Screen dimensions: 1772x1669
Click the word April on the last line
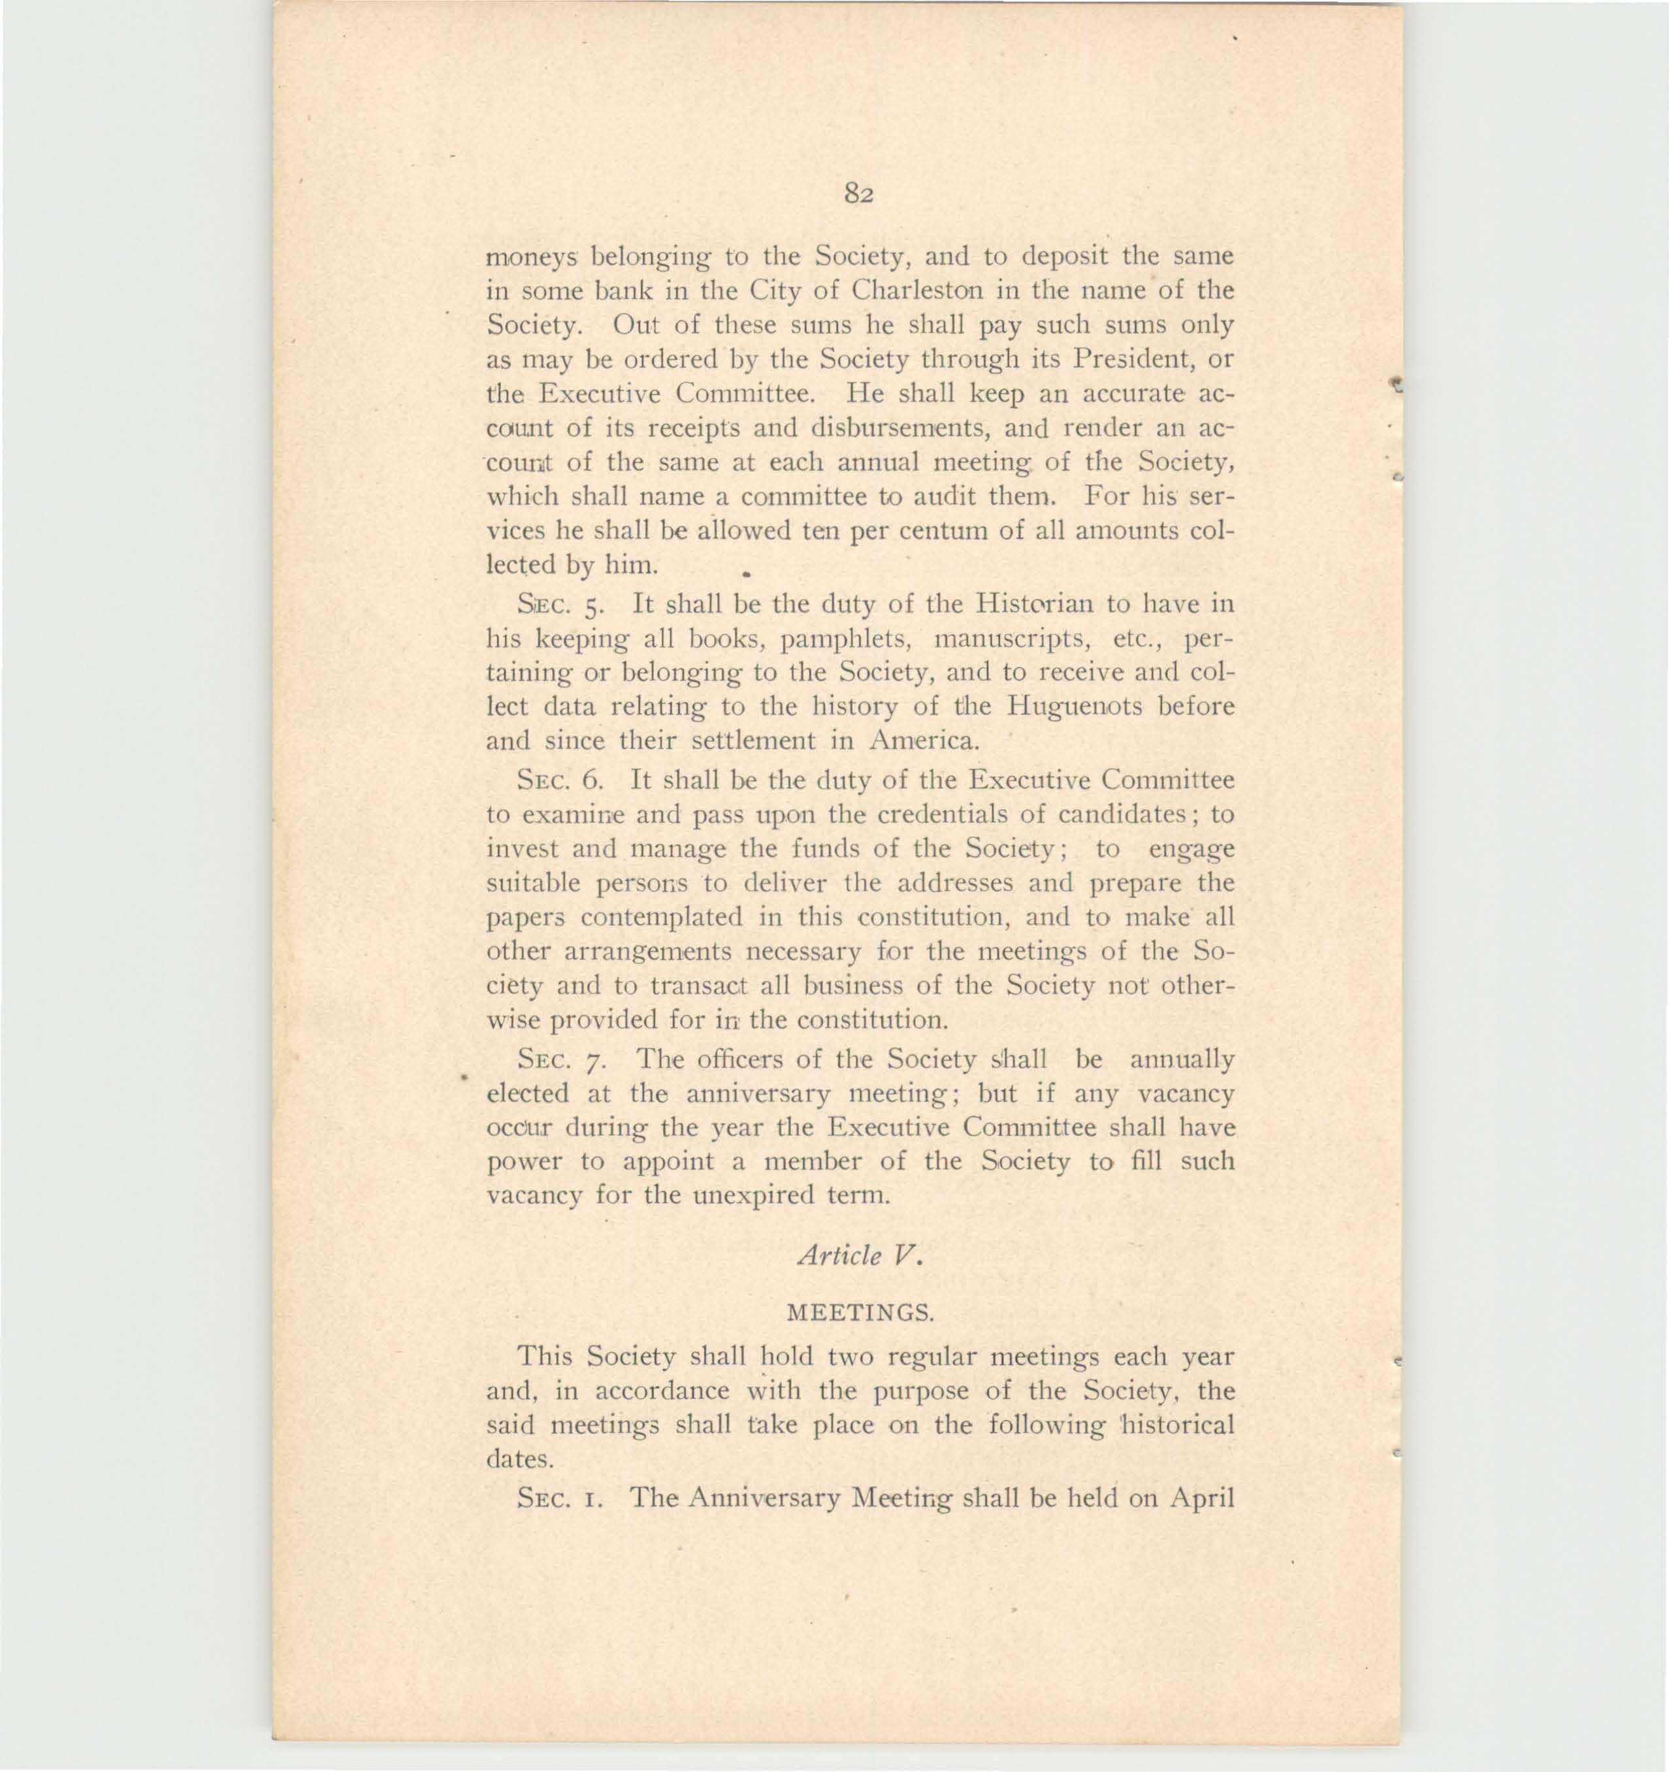point(1200,1498)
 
